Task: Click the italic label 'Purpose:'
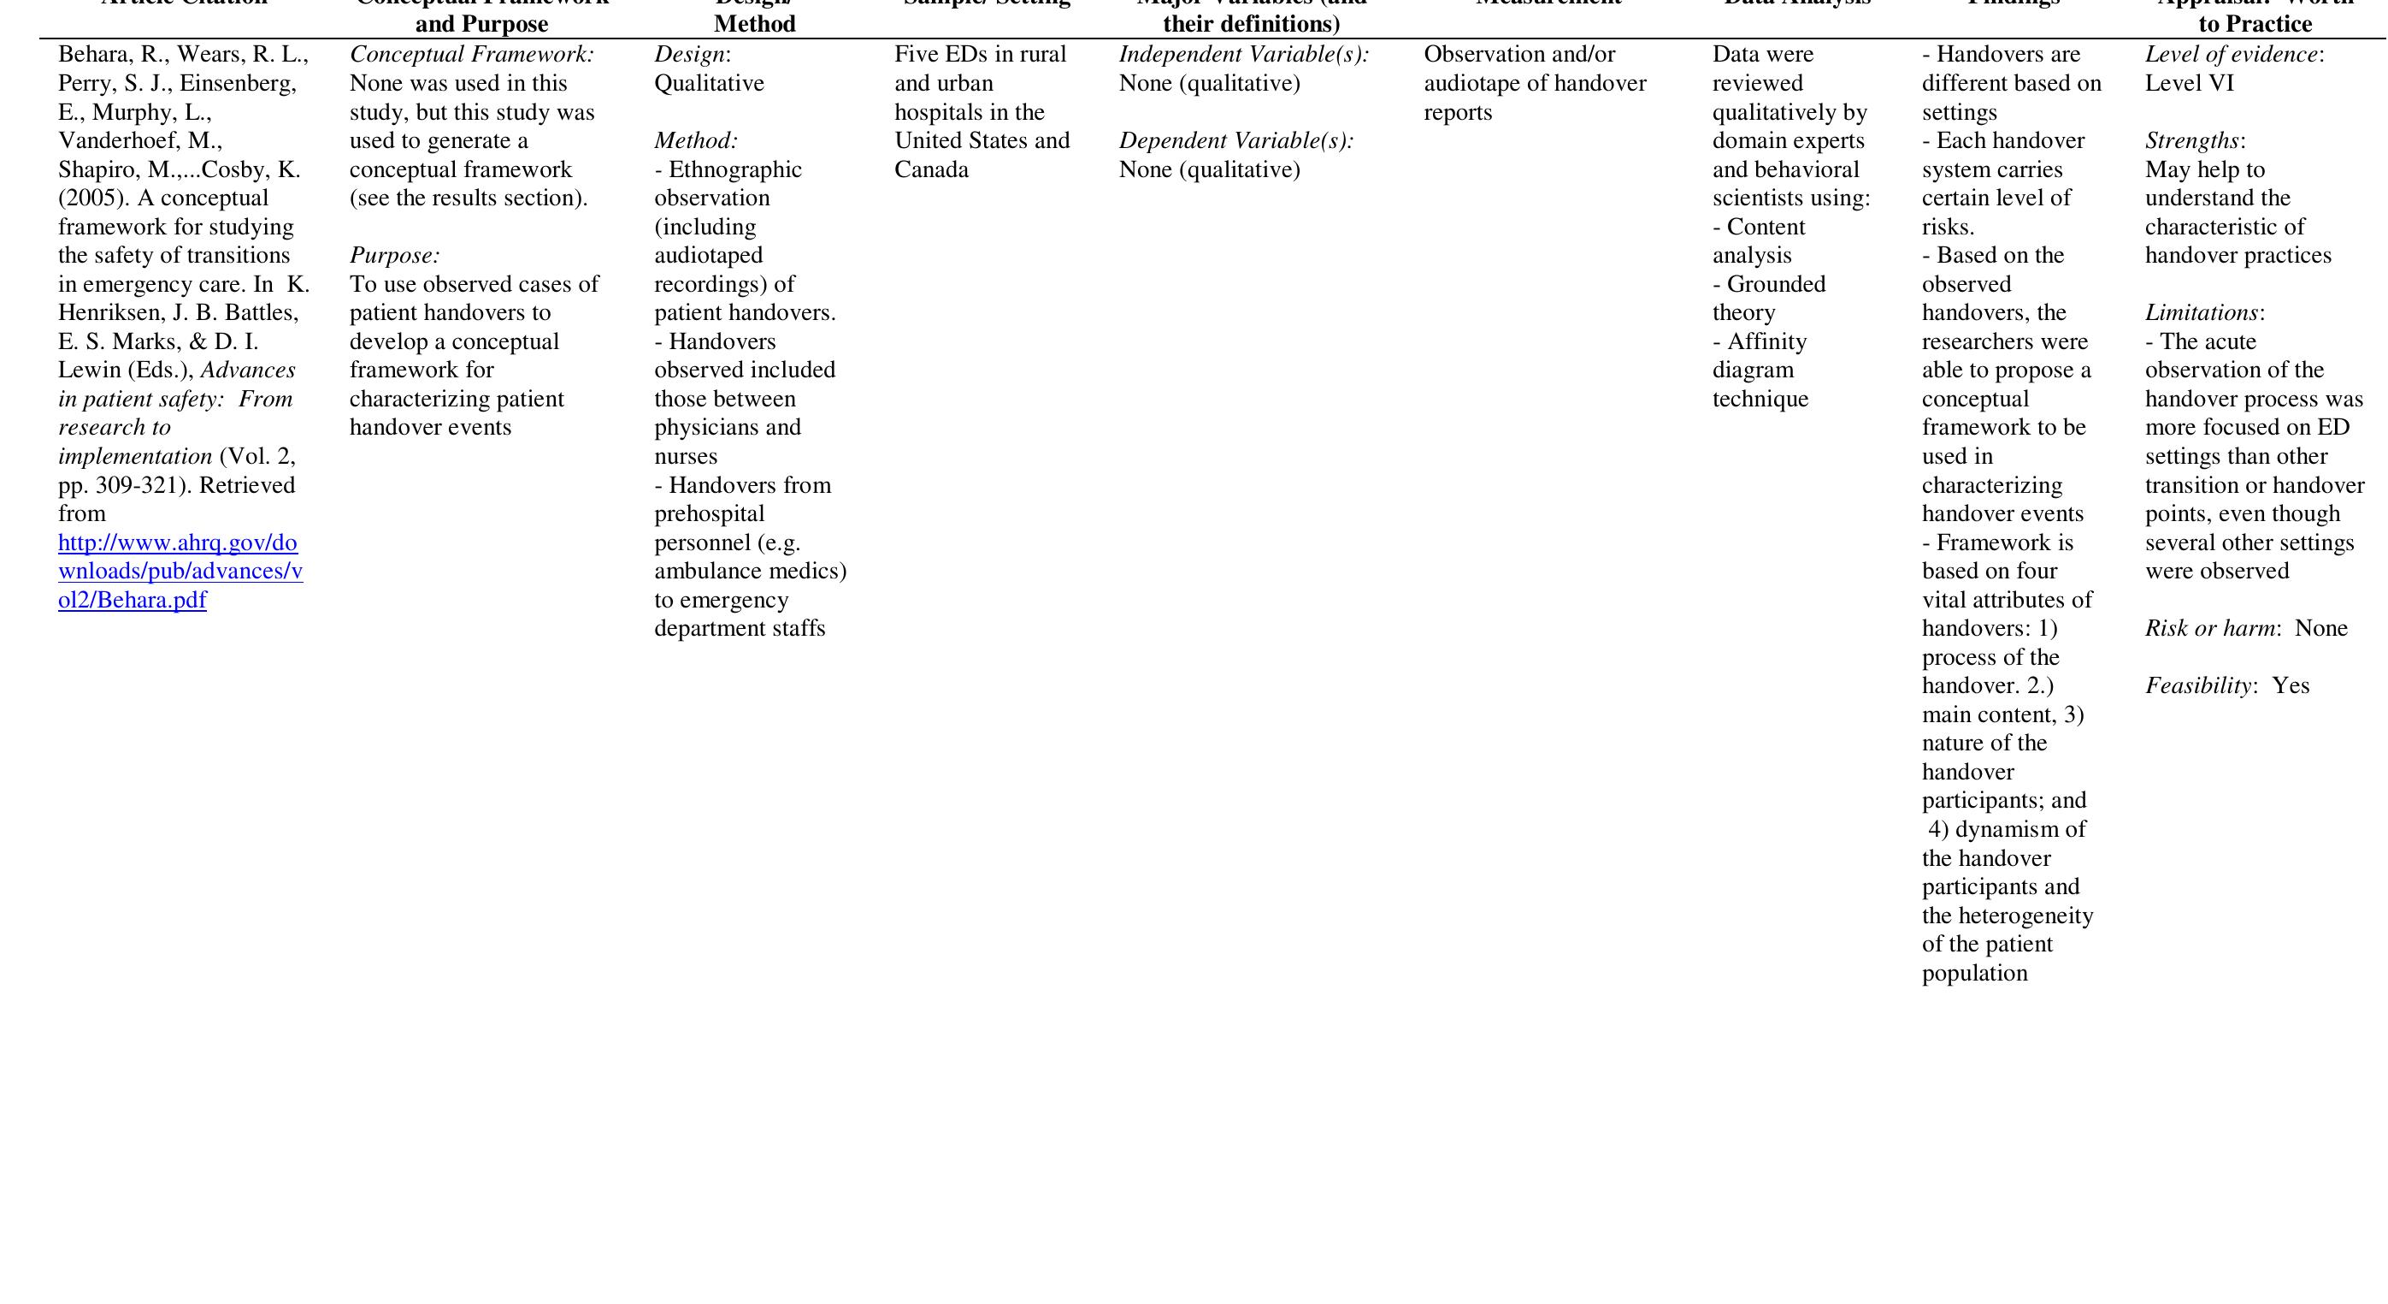pyautogui.click(x=394, y=256)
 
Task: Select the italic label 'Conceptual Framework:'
pyautogui.click(x=472, y=55)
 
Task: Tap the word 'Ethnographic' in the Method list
pyautogui.click(x=735, y=169)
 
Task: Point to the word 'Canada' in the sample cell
pyautogui.click(x=931, y=169)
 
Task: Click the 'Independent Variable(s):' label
pyautogui.click(x=1243, y=55)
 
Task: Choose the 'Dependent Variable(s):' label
pyautogui.click(x=1235, y=141)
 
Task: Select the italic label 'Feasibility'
pyautogui.click(x=2197, y=686)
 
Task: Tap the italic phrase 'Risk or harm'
pyautogui.click(x=2209, y=629)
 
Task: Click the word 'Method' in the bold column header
pyautogui.click(x=755, y=24)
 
